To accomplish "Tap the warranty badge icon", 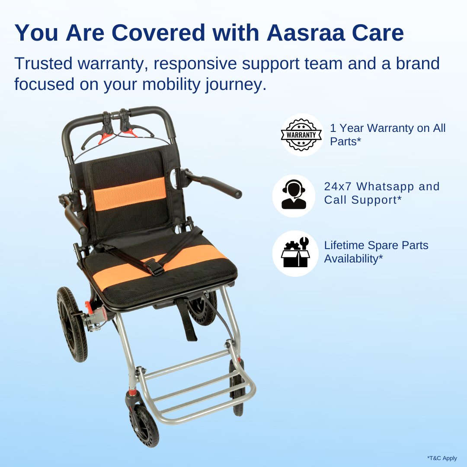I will pos(301,134).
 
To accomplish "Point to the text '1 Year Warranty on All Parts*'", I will pos(387,134).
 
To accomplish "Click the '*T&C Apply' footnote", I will pos(442,458).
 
